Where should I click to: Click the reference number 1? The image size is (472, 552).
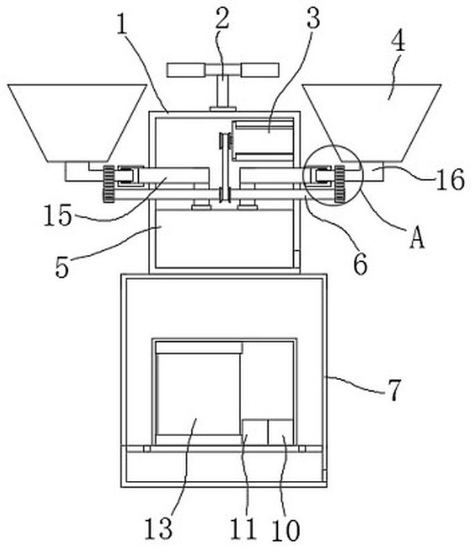tap(122, 22)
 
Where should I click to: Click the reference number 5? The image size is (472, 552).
tap(62, 267)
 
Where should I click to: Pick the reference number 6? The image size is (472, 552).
tap(360, 264)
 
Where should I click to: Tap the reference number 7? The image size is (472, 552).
tap(394, 390)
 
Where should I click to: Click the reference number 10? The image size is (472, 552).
tap(285, 530)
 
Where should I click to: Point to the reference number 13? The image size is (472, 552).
tap(158, 528)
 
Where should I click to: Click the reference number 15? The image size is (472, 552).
tap(57, 215)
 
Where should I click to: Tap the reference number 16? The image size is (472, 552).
tap(451, 180)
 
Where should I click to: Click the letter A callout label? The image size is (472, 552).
tap(417, 237)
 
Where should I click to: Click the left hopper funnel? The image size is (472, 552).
tap(77, 123)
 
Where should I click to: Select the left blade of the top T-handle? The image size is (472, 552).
tap(186, 70)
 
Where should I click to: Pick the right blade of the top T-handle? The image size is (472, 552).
tap(261, 70)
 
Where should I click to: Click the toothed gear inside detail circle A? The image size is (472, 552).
tap(339, 184)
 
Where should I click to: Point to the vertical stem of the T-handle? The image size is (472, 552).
tap(223, 91)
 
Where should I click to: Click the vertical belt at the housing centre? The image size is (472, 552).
tap(224, 168)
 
